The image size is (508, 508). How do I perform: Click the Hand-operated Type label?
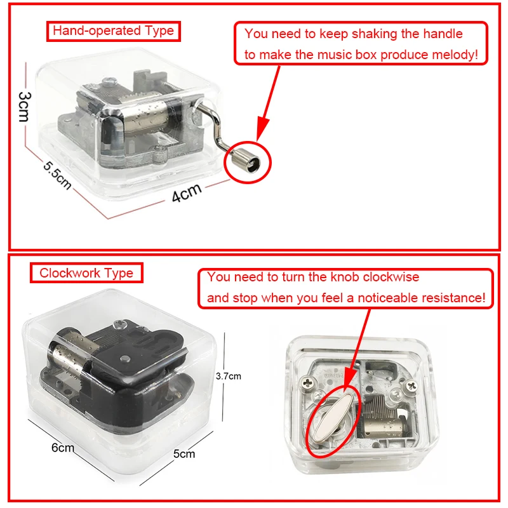[x=114, y=31]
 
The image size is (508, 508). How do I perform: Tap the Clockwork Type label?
[x=86, y=273]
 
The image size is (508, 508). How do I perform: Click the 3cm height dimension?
[x=25, y=107]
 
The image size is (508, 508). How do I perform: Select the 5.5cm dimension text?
[x=57, y=175]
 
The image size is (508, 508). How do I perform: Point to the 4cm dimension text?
[x=187, y=192]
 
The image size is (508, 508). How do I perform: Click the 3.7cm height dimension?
[x=229, y=376]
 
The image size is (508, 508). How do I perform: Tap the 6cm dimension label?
[x=63, y=448]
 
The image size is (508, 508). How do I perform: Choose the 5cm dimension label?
[x=184, y=453]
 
